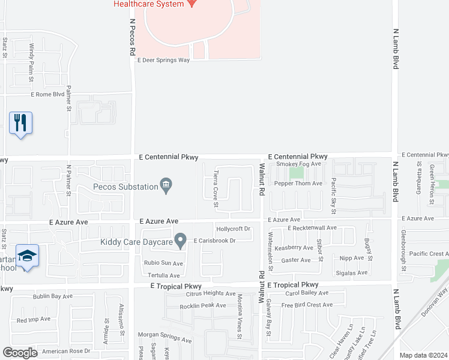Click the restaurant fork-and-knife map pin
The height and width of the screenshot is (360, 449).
pyautogui.click(x=21, y=123)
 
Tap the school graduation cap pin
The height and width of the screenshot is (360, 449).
pyautogui.click(x=27, y=256)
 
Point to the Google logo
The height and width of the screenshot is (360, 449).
pyautogui.click(x=20, y=353)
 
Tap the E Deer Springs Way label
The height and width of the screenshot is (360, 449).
pyautogui.click(x=163, y=60)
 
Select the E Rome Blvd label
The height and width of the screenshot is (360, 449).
pyautogui.click(x=47, y=94)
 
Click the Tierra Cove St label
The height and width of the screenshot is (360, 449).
pyautogui.click(x=215, y=188)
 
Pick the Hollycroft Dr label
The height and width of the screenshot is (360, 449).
pyautogui.click(x=233, y=229)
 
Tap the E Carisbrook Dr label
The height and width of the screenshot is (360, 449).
pyautogui.click(x=214, y=241)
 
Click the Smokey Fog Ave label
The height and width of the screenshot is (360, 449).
pyautogui.click(x=302, y=163)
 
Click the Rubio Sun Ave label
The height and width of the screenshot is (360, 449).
pyautogui.click(x=163, y=263)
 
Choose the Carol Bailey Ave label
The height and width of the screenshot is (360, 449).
pyautogui.click(x=307, y=293)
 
